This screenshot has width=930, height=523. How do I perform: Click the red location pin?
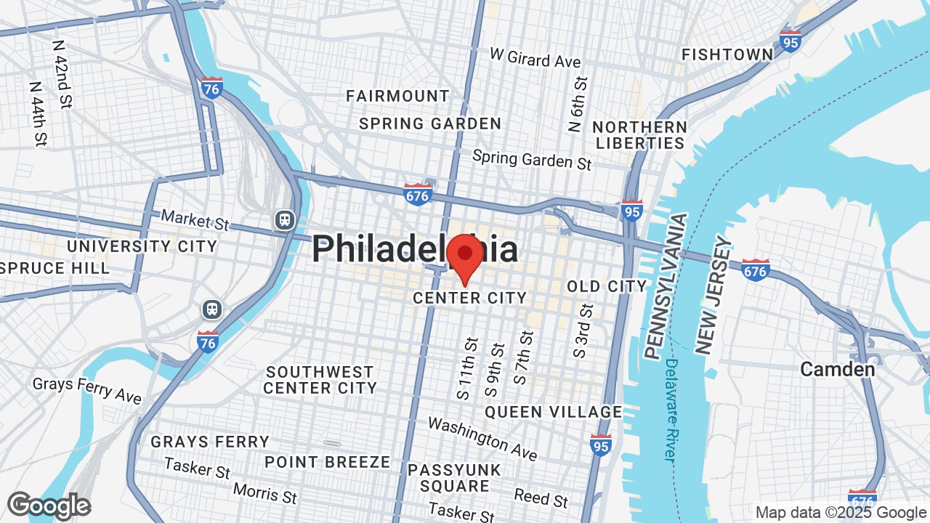[464, 256]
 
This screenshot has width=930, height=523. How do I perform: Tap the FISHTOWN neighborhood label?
[727, 54]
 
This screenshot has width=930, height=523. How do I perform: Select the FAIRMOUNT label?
[397, 96]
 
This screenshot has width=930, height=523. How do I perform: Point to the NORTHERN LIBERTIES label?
[640, 134]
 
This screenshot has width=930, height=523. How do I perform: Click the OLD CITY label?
[607, 286]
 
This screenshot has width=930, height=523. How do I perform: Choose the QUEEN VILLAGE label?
[553, 412]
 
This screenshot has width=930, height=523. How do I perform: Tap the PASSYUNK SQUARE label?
[454, 478]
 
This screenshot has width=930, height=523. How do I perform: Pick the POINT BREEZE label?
[327, 462]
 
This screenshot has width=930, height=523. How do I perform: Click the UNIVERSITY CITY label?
[142, 246]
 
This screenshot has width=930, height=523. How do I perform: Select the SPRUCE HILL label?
[55, 268]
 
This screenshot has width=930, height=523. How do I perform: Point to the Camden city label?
[837, 369]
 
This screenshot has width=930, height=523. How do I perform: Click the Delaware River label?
[671, 410]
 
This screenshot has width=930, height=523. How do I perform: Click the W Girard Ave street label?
[535, 58]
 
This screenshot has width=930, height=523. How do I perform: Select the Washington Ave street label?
[482, 438]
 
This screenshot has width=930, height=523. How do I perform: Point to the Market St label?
[195, 219]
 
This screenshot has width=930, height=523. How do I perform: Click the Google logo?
[49, 506]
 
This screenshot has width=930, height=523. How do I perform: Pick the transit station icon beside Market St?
[284, 219]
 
